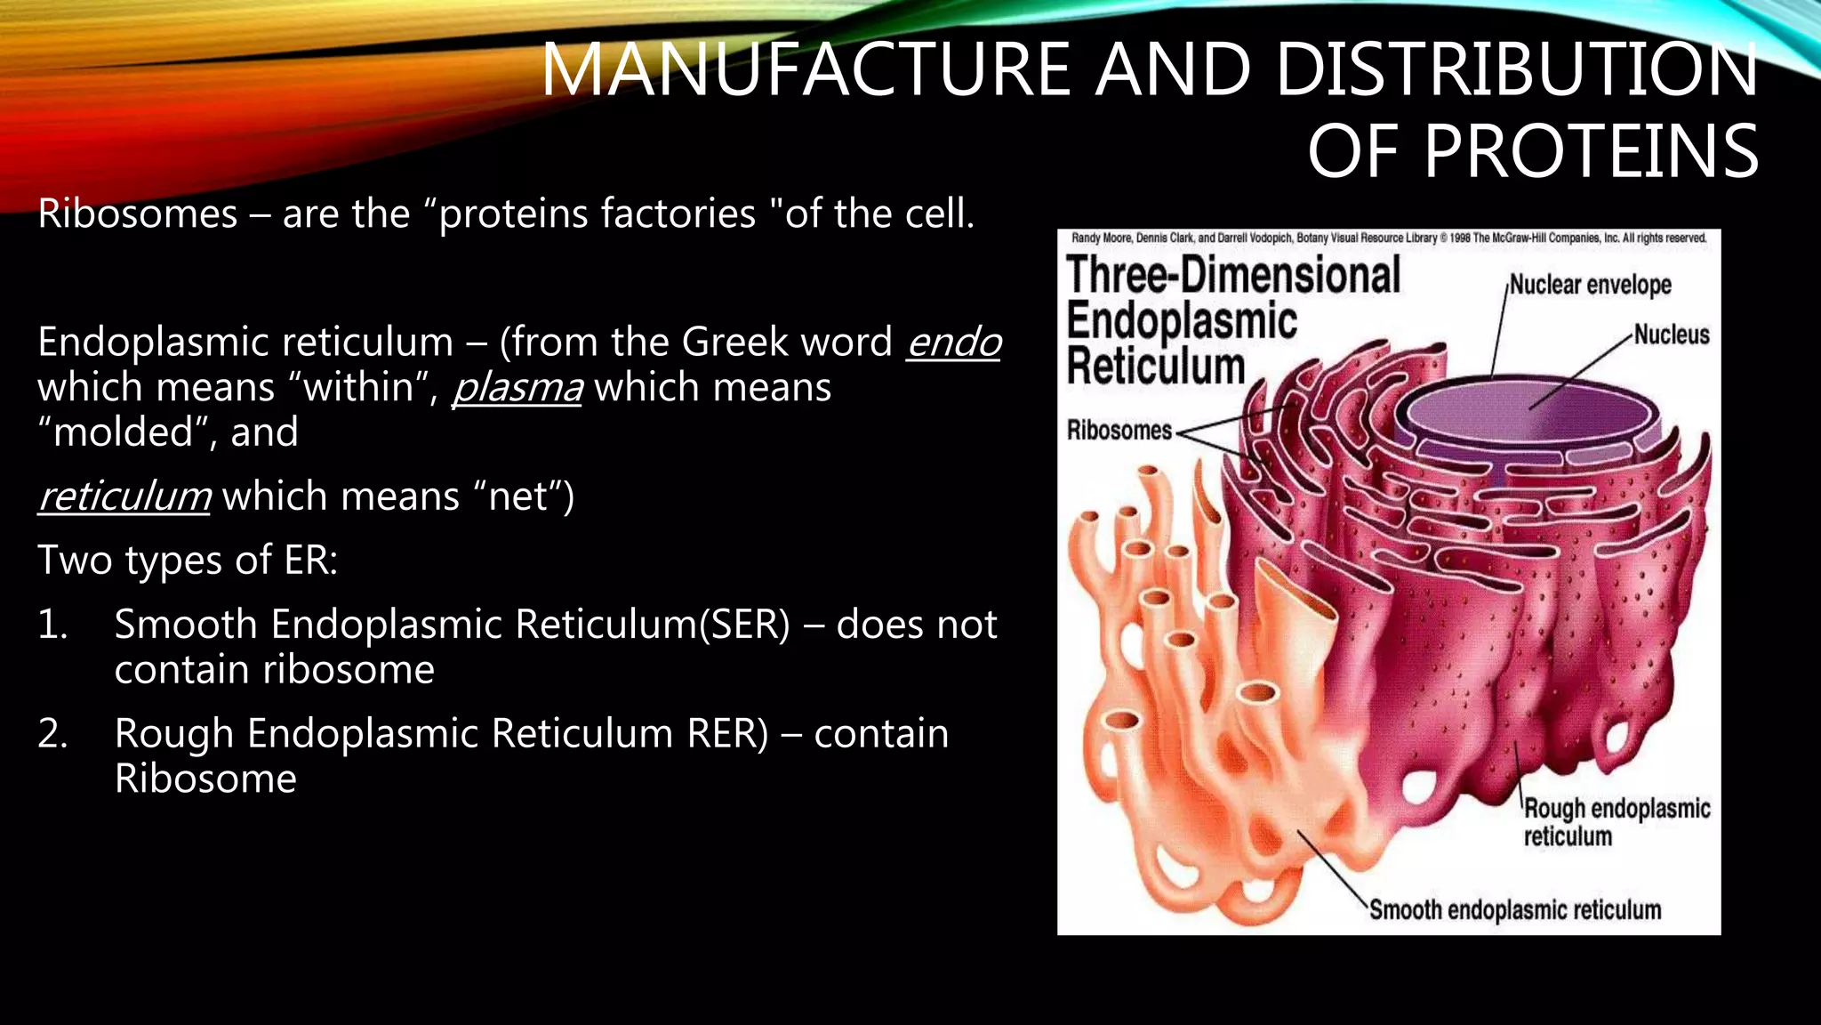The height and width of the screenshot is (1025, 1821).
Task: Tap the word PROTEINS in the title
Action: (1591, 152)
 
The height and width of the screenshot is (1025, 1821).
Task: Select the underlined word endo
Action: (953, 343)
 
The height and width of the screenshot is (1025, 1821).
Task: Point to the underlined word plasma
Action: (517, 388)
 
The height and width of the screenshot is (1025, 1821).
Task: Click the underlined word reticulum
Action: (124, 496)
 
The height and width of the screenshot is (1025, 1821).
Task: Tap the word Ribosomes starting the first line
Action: (138, 214)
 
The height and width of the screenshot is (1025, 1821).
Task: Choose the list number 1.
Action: (52, 625)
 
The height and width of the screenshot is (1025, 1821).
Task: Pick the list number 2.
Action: (52, 734)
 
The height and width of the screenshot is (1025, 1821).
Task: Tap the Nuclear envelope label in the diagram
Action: (1590, 285)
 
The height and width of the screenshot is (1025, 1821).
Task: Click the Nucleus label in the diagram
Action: (1672, 335)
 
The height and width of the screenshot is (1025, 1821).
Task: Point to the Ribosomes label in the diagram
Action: (1119, 431)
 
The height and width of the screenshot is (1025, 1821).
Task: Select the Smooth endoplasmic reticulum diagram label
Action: (1514, 910)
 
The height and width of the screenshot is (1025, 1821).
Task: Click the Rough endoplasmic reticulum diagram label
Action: (1616, 822)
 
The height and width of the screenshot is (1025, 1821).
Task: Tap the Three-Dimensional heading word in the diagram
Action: (1232, 275)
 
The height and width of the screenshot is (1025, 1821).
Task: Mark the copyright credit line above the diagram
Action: (1388, 238)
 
